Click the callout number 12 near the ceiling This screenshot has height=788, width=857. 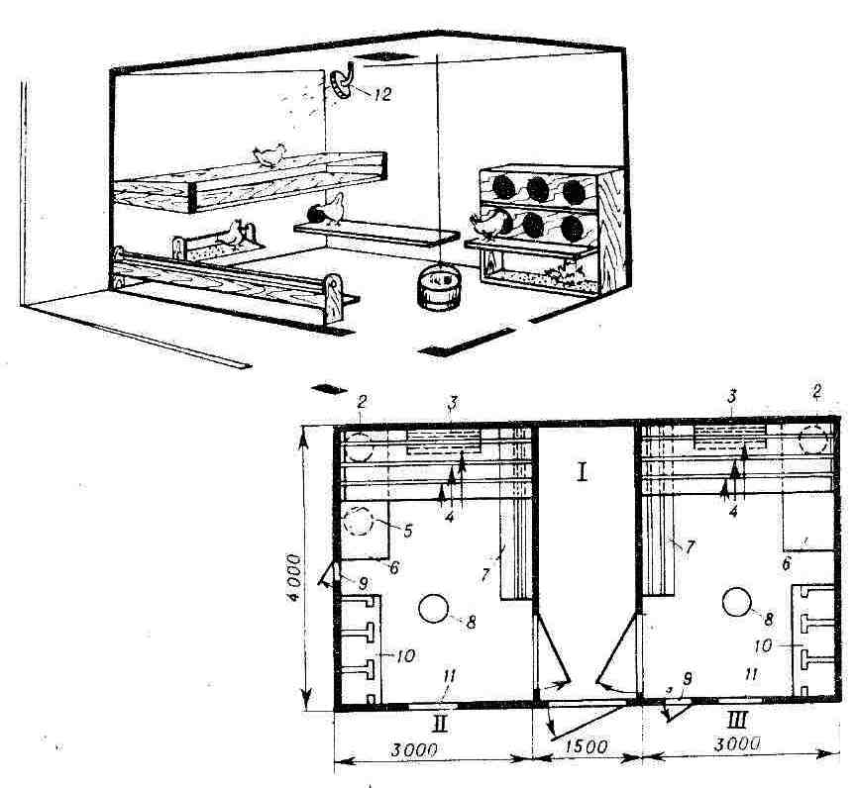[383, 94]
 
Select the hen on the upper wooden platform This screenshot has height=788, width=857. [269, 155]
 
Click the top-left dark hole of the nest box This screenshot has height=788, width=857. [503, 187]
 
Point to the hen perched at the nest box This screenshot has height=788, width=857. [487, 224]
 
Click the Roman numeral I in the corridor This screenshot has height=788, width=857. [583, 472]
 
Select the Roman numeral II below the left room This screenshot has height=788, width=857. [440, 724]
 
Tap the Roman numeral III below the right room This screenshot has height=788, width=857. [738, 720]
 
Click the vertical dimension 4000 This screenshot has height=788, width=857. [294, 578]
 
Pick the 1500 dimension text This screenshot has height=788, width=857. [585, 746]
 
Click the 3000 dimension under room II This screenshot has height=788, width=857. [414, 749]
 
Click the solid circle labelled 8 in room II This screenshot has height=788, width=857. [433, 609]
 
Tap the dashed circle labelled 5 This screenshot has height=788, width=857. [358, 522]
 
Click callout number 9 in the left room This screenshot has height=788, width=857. [363, 584]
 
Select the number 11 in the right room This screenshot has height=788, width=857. [752, 675]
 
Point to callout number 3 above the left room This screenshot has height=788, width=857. [452, 404]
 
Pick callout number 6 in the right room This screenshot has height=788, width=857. [787, 563]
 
